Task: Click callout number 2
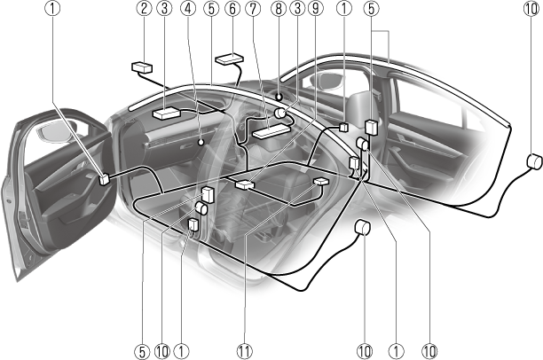(144, 9)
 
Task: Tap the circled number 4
(188, 9)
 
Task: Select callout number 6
(232, 9)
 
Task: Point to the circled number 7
(253, 9)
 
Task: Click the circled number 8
(279, 9)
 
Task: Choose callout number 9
(316, 9)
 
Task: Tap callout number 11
(245, 352)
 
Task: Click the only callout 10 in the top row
(531, 9)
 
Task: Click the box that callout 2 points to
(142, 67)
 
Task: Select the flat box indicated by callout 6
(229, 59)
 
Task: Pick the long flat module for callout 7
(271, 131)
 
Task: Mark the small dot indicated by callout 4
(201, 142)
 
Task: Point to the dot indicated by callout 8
(279, 98)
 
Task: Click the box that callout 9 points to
(245, 184)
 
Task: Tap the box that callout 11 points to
(321, 181)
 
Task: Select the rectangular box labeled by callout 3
(167, 113)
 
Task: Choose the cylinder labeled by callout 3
(279, 113)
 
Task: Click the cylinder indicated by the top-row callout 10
(534, 161)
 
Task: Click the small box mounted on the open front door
(104, 180)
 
